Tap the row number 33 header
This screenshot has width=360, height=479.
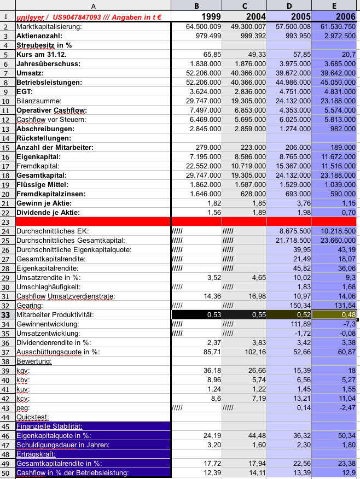[7, 314]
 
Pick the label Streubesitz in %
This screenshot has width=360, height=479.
[44, 45]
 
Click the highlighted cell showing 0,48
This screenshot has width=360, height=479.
[334, 314]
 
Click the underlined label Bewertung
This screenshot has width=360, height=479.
[34, 361]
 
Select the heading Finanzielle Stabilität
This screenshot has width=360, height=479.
[49, 426]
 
